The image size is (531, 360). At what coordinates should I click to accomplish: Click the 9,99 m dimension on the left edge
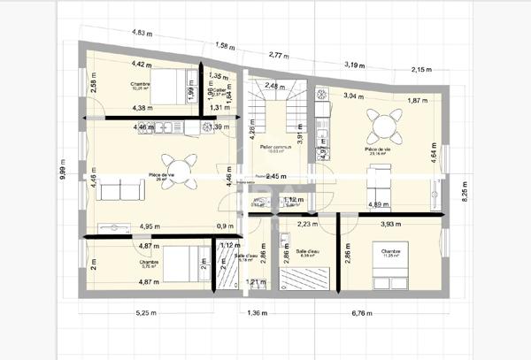pos(63,174)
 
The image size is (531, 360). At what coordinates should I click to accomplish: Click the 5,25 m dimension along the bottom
pos(147,313)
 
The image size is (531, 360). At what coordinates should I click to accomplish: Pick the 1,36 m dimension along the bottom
pos(258,313)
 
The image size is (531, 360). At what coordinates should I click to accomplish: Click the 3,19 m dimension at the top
pos(354,65)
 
